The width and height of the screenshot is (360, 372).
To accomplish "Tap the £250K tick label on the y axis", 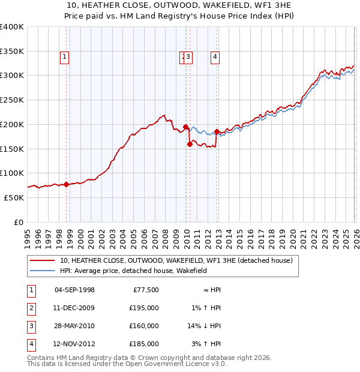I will pos(12,100).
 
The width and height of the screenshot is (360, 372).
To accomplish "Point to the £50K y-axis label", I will pos(14,197).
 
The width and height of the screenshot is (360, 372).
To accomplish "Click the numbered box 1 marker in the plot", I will pos(64,58).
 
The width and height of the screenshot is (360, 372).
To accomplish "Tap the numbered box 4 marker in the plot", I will pos(215,58).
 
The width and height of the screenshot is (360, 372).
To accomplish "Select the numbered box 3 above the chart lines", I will pos(188,58).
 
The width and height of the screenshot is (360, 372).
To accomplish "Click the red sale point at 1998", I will pos(66,184).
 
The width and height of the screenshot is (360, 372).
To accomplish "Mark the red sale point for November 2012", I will pos(217,132).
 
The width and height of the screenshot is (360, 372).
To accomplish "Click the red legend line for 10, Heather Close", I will pos(43,261).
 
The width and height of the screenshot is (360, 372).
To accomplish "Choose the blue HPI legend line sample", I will pos(43,271).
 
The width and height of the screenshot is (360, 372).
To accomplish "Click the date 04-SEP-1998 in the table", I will pos(74,290).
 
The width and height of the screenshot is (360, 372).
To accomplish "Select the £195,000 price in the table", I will pos(144,308).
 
